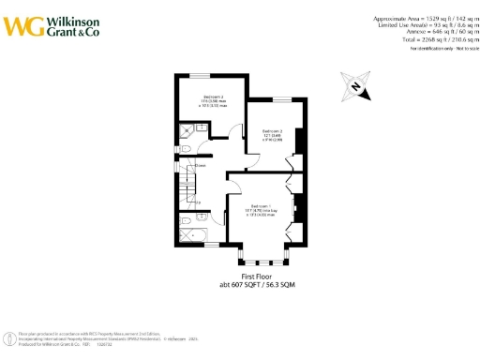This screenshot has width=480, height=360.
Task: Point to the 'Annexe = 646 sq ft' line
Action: [427, 33]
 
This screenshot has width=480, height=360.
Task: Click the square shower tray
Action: [185, 132]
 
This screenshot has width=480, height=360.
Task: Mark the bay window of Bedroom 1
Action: [265, 254]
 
